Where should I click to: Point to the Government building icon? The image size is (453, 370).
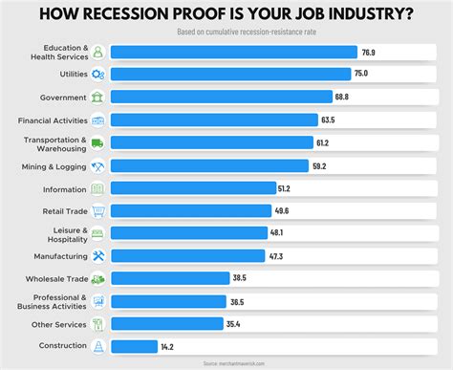(x=97, y=98)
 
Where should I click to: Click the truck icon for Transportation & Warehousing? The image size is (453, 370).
(x=97, y=142)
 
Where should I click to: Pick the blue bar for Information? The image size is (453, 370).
(x=191, y=187)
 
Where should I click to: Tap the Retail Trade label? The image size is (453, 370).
(x=63, y=210)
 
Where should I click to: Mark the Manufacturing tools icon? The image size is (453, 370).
(x=97, y=255)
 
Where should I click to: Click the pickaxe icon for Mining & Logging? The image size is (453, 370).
(x=97, y=165)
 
